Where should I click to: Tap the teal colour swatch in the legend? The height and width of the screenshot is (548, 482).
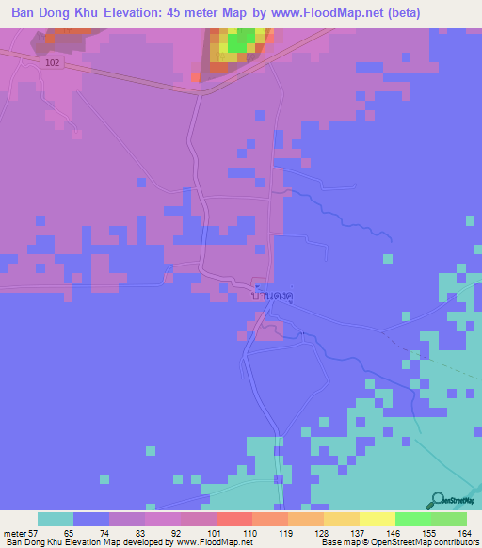[x=56, y=519]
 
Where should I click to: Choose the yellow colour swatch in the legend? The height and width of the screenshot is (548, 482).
[x=377, y=519]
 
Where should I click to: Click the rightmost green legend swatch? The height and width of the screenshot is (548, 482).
[x=449, y=519]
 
